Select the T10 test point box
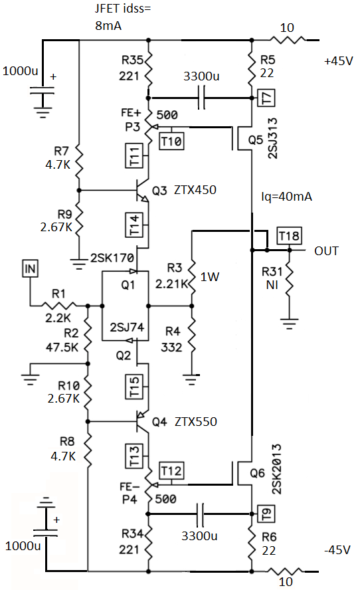(171, 142)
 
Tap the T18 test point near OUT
(289, 236)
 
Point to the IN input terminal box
(30, 268)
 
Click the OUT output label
(326, 251)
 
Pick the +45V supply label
(339, 61)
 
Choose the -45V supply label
(337, 549)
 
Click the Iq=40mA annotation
(286, 197)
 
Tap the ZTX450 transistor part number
(195, 189)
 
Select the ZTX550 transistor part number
(196, 421)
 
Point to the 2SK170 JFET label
(112, 258)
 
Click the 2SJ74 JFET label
(127, 327)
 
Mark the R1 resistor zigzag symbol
(58, 305)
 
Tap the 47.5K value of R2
(62, 347)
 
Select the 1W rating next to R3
(209, 277)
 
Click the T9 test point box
(266, 514)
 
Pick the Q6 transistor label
(257, 473)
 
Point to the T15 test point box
(134, 387)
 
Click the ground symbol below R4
(191, 379)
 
